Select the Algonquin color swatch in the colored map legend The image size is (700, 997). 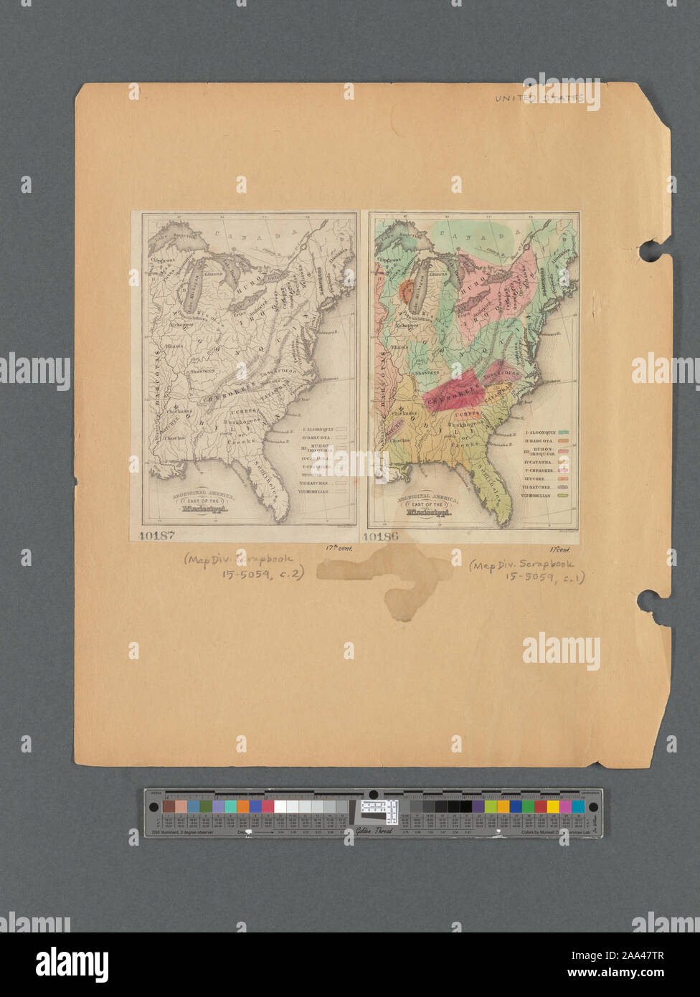[564, 431]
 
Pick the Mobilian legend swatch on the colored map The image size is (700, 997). [564, 495]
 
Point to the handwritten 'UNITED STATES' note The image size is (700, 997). [539, 98]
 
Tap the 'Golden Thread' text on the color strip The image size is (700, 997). [371, 832]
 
